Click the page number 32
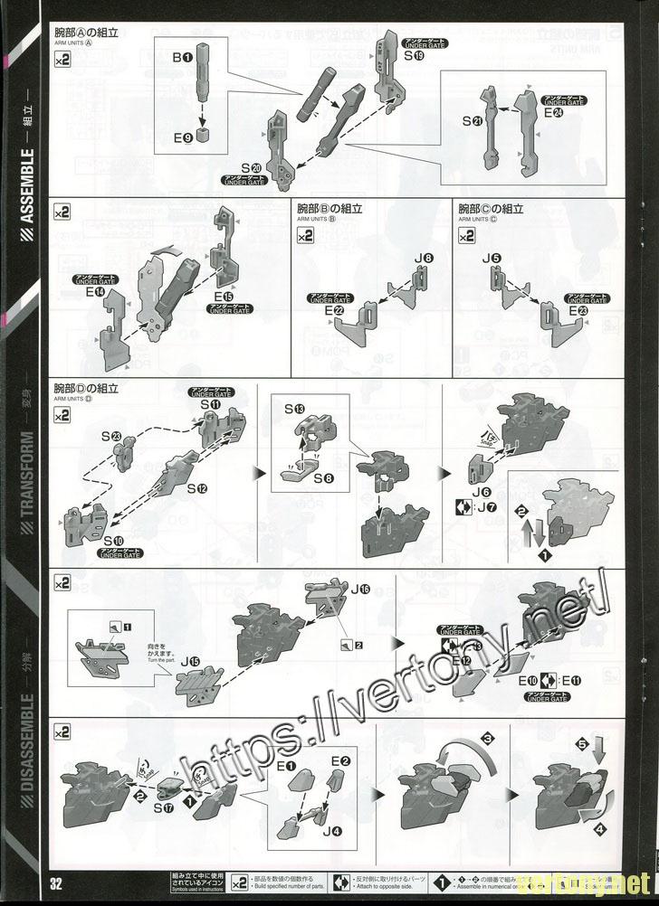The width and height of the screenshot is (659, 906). point(55,882)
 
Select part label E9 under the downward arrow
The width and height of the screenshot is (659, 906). point(182,138)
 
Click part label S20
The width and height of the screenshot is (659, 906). point(252,168)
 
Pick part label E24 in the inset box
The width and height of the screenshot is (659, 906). point(554,113)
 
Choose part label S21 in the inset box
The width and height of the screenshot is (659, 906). point(472,121)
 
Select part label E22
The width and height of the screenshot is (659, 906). point(333,312)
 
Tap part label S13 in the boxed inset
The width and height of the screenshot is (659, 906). point(293,410)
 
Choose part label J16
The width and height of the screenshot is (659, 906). point(359,590)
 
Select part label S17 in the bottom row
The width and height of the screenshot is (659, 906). point(165,807)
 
